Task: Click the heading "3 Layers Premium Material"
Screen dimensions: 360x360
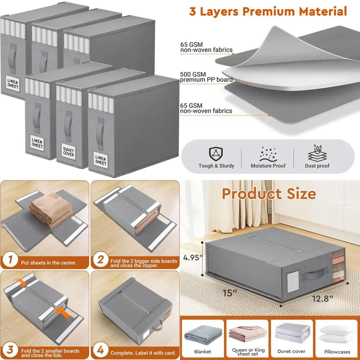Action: pyautogui.click(x=268, y=11)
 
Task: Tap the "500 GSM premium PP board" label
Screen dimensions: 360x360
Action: pyautogui.click(x=206, y=77)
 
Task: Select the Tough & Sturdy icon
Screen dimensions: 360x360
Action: pyautogui.click(x=216, y=154)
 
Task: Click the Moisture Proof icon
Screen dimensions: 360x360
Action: pyautogui.click(x=268, y=154)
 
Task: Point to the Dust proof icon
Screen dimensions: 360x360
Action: pyautogui.click(x=317, y=154)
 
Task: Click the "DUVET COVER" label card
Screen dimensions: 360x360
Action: pyautogui.click(x=68, y=152)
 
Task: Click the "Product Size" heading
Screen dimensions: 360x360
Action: pyautogui.click(x=269, y=194)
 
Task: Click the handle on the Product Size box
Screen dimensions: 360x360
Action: pyautogui.click(x=314, y=276)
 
